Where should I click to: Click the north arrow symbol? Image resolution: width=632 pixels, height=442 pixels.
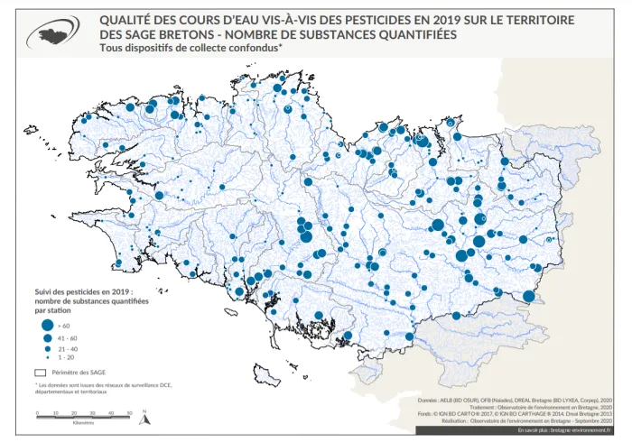point(143,414)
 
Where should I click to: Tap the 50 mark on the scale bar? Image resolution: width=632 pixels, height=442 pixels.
point(132,412)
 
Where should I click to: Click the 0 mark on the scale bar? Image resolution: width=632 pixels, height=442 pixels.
point(37,412)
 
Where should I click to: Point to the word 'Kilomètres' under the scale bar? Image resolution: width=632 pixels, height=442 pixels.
point(84,424)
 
